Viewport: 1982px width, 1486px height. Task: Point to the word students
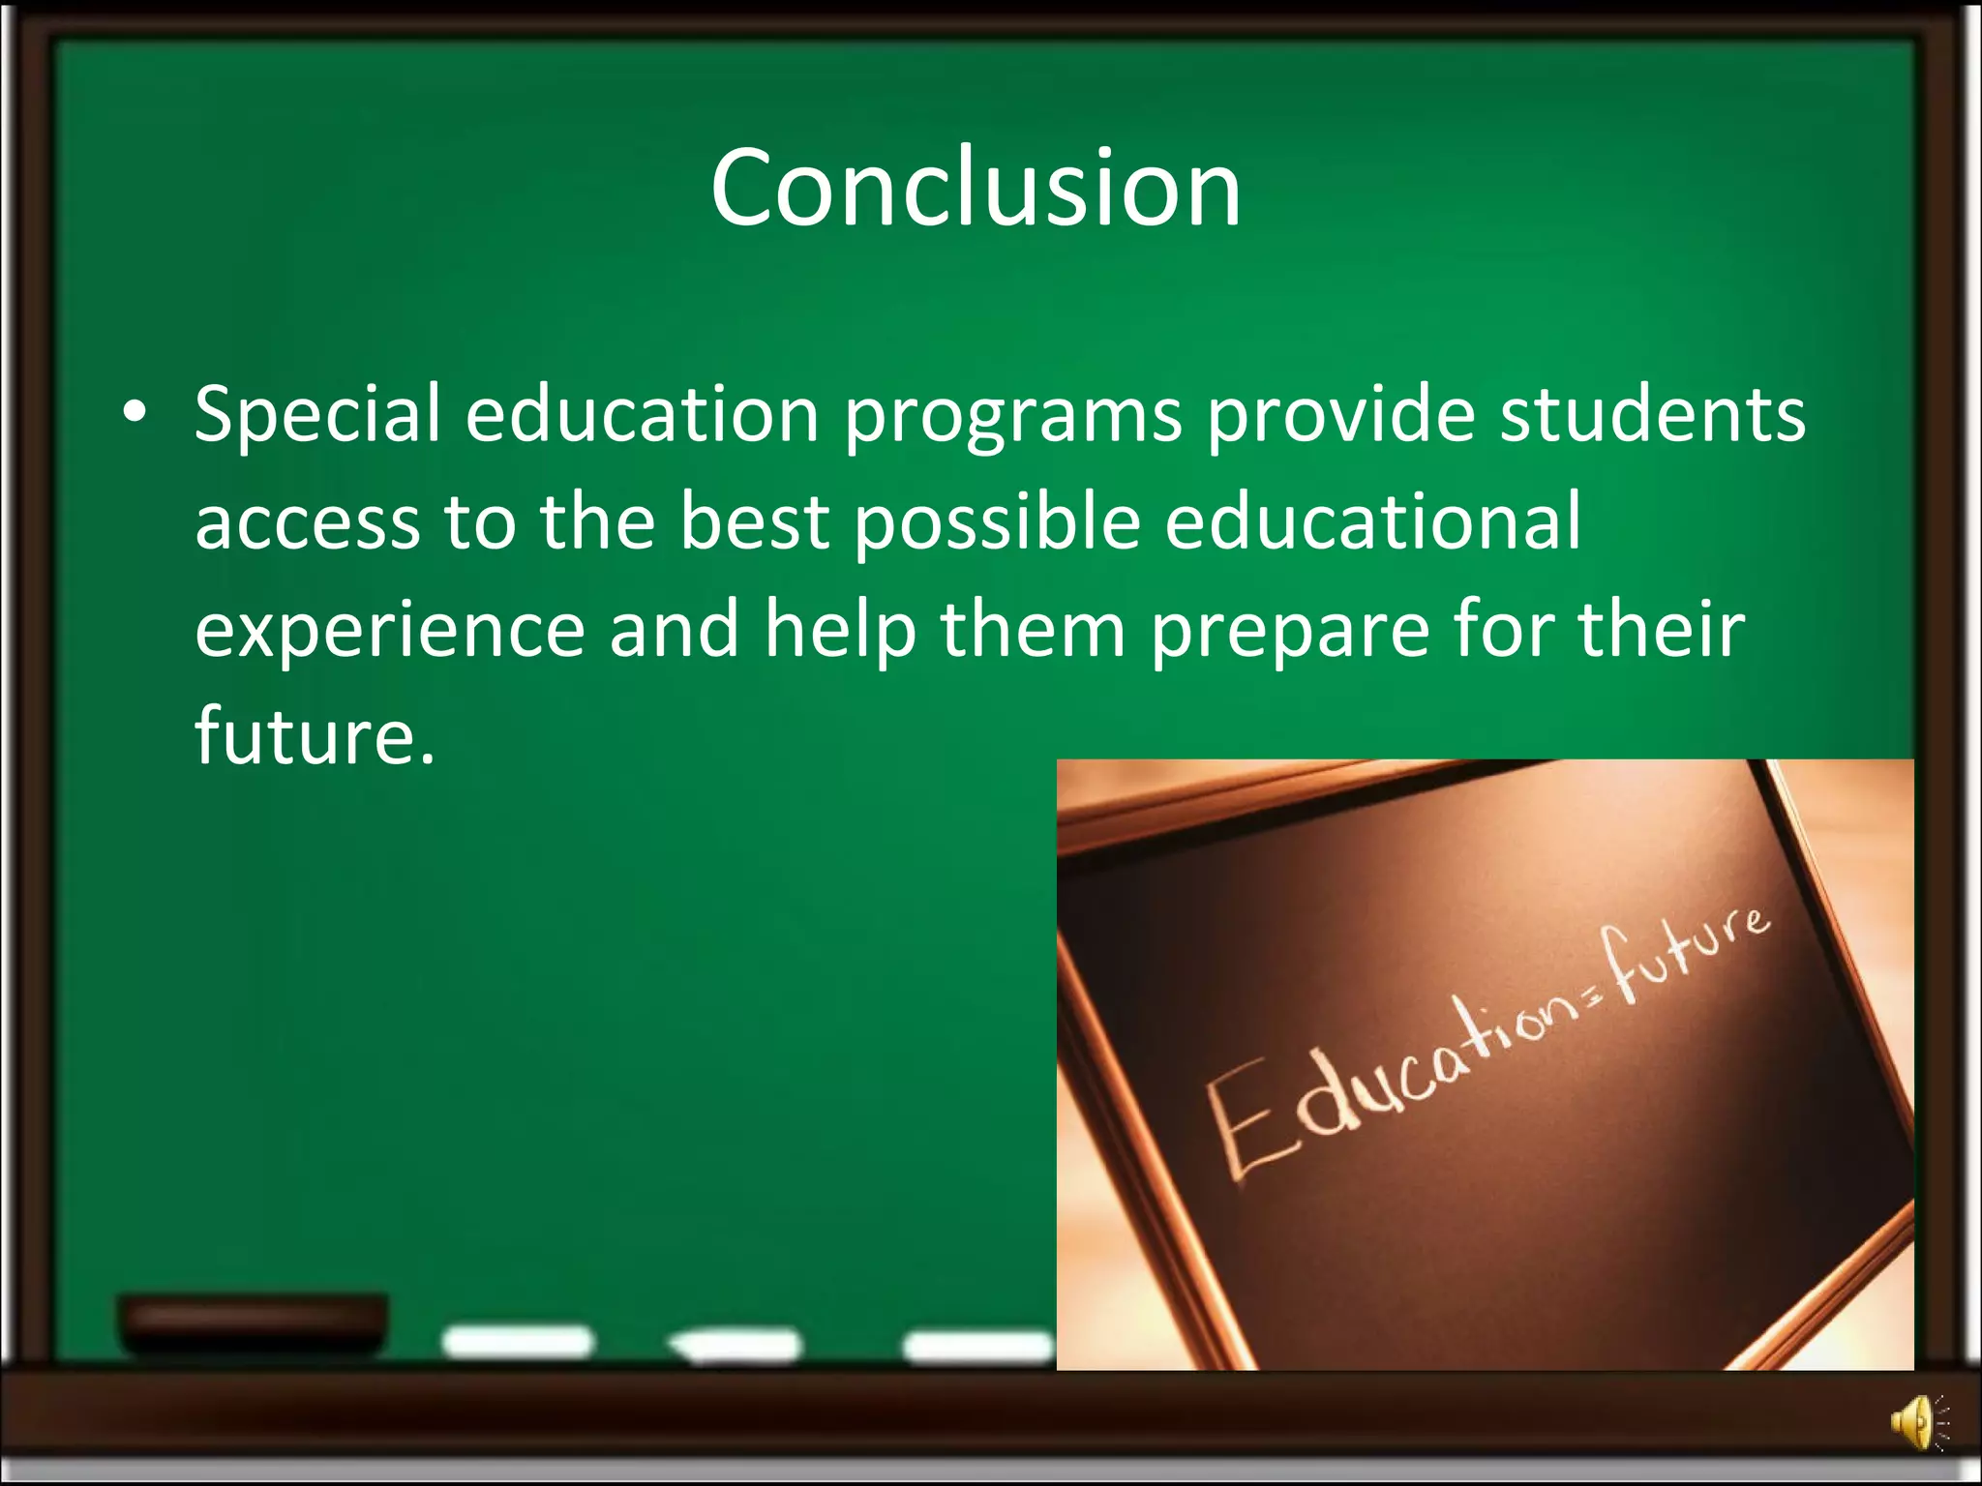tap(1652, 414)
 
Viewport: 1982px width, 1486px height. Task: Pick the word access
tap(307, 523)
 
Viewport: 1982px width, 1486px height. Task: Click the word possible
tap(997, 523)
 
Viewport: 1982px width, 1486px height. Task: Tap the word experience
tap(389, 631)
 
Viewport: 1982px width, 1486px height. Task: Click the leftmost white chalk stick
tap(517, 1342)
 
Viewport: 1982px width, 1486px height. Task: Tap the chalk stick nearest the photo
tap(977, 1346)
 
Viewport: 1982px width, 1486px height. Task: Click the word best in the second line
tap(754, 521)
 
